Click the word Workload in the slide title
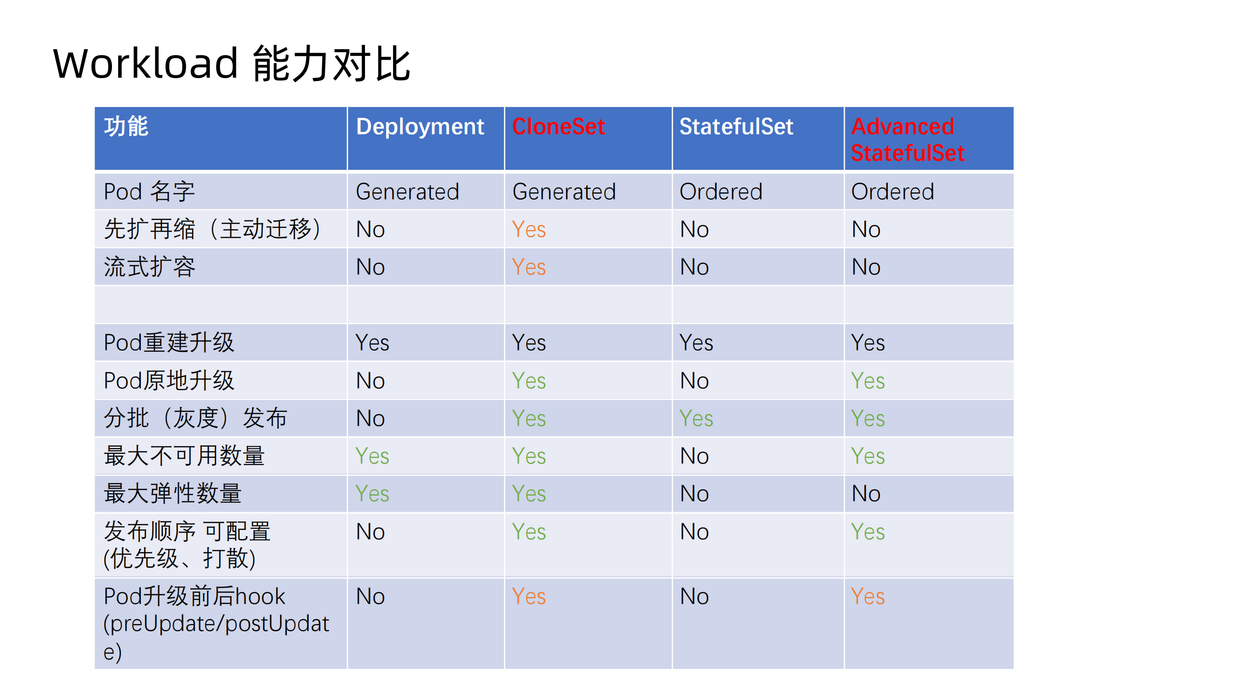click(145, 64)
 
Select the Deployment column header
click(420, 127)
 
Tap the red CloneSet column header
click(558, 127)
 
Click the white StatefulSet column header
click(736, 127)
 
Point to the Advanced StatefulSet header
click(907, 139)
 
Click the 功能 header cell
click(126, 127)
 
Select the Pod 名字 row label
click(149, 191)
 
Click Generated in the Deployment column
click(407, 191)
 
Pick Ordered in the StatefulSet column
click(720, 191)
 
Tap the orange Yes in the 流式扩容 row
click(529, 267)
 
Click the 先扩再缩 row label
click(212, 229)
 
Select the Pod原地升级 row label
click(169, 381)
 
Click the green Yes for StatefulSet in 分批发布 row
click(696, 418)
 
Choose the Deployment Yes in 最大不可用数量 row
click(372, 456)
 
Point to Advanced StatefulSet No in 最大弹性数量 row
click(866, 493)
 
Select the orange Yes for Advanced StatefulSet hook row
click(868, 597)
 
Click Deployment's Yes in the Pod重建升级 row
click(372, 343)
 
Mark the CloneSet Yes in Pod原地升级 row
click(529, 381)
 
